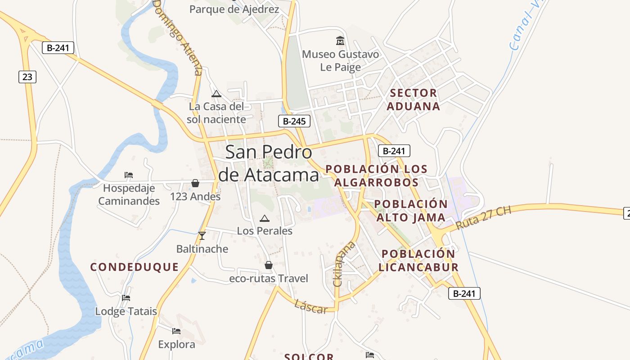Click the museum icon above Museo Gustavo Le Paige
tap(340, 41)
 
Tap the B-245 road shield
tap(294, 121)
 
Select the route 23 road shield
tap(27, 77)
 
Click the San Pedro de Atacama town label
tap(269, 163)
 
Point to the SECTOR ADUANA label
tap(413, 99)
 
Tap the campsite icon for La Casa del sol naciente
tap(216, 94)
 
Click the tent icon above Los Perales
tap(265, 219)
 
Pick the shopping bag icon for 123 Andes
tap(195, 183)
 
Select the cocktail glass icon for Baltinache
tap(202, 236)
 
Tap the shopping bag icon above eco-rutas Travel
tap(269, 265)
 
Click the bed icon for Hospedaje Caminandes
tap(129, 175)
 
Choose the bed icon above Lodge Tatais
tap(126, 298)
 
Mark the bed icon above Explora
tap(176, 332)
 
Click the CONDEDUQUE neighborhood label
tap(135, 267)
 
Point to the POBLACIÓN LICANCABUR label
tap(418, 260)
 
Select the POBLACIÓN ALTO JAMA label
tap(411, 211)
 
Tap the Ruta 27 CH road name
tap(483, 218)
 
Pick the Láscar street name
tap(311, 307)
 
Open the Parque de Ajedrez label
tap(234, 9)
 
